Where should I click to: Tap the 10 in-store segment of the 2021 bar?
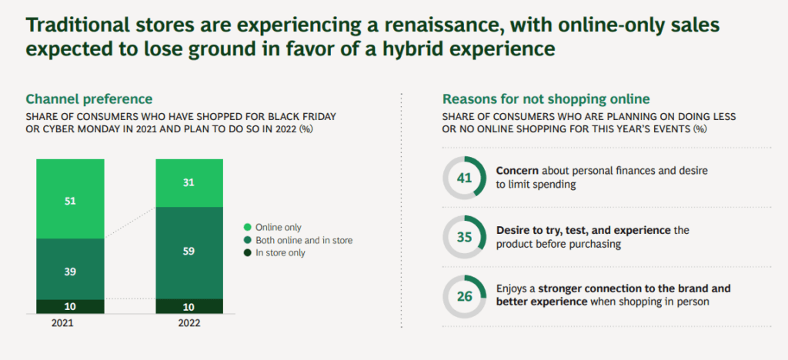pos(69,306)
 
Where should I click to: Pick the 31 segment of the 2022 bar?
pos(189,182)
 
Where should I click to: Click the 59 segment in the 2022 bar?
pos(189,252)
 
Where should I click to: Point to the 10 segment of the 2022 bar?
pos(189,306)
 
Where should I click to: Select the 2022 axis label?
pos(189,323)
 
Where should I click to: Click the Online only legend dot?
pos(247,227)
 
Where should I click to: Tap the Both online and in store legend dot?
pos(247,240)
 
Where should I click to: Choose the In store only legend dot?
pos(247,253)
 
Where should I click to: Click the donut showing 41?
pos(464,178)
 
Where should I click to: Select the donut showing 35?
pos(464,237)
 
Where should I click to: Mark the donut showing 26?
pos(464,295)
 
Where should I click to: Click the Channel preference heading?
pos(88,99)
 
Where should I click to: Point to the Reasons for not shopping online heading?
pos(546,99)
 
